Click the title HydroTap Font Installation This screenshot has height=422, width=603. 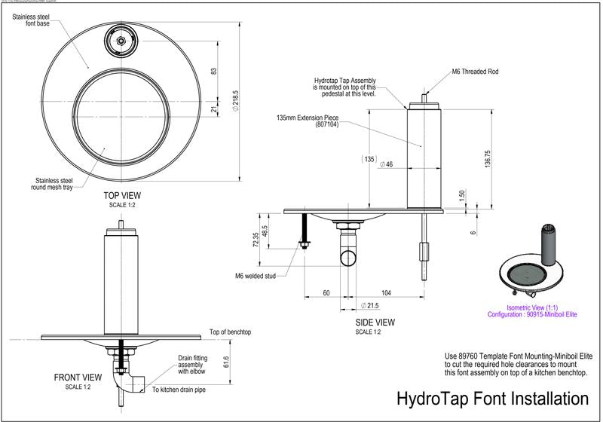(x=492, y=398)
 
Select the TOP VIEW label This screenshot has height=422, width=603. (x=121, y=195)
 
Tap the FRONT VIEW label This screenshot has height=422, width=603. (x=78, y=377)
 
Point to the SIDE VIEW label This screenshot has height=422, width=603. (x=375, y=323)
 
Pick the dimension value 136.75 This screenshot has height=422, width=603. (x=488, y=158)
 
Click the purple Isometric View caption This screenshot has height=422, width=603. (x=529, y=310)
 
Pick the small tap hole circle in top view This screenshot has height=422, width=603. (x=121, y=39)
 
